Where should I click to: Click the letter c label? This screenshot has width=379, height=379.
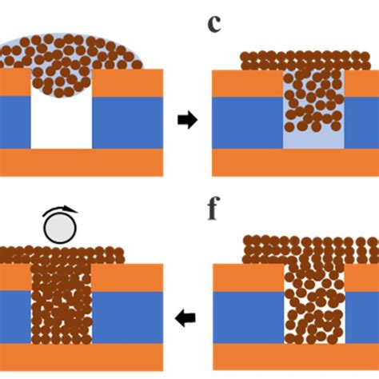point(214,24)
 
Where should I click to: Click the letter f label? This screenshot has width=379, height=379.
point(213,208)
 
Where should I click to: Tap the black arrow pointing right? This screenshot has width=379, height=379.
point(188,120)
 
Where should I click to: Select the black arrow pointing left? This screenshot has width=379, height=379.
point(186,317)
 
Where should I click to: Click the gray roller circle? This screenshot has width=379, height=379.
point(60,228)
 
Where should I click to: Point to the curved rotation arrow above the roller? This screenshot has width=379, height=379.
point(61,209)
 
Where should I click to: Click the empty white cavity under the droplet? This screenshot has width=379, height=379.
point(62,122)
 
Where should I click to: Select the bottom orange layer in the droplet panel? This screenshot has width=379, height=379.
point(82,162)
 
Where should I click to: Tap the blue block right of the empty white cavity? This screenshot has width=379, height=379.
point(128,122)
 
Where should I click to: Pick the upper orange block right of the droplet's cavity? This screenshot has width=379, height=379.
point(128,83)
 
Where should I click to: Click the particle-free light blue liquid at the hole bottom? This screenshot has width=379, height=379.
point(313,141)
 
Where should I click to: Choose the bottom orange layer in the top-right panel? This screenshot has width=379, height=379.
point(295,162)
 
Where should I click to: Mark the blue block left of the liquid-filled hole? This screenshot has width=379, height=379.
point(248,123)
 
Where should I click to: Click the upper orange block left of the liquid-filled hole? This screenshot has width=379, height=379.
point(248,84)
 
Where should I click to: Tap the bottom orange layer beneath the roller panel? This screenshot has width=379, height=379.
point(82,357)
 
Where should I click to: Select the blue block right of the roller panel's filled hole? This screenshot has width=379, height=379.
point(128,317)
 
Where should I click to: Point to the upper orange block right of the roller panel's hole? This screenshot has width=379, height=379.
point(128,277)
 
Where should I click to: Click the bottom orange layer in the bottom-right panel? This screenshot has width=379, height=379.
point(296,357)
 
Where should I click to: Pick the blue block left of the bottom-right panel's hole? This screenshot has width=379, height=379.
point(249,317)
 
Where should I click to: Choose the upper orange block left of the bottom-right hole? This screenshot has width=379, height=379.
point(249,277)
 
